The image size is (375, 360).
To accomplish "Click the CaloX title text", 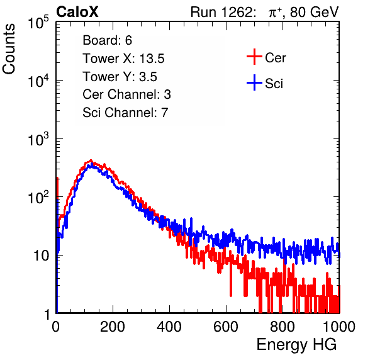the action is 77,12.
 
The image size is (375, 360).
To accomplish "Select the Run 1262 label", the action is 221,12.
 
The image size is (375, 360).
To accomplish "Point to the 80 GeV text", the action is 314,12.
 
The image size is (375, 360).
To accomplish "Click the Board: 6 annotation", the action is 108,40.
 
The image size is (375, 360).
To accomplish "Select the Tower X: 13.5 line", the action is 124,59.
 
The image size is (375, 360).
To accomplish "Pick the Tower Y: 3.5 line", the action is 120,77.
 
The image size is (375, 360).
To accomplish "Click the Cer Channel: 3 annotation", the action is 126,94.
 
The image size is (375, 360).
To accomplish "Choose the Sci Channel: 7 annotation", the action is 125,113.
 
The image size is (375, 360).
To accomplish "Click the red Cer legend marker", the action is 254,57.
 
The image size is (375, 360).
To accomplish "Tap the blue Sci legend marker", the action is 254,83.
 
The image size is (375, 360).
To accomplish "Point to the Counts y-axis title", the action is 9,49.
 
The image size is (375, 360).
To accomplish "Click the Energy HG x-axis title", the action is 296,345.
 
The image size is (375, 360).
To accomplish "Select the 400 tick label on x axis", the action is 169,327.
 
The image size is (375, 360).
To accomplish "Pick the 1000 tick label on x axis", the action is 339,327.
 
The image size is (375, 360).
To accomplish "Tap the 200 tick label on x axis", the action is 113,327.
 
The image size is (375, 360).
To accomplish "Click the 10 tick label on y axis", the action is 42,256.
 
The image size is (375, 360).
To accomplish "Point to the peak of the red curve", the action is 91,160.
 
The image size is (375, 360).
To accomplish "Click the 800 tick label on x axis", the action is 283,327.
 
